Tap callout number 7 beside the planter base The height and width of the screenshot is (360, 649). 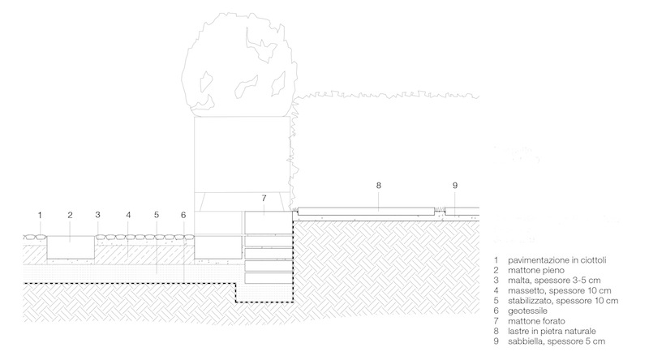click(263, 199)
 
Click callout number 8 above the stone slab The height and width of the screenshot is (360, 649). click(378, 186)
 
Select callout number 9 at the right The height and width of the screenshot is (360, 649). click(454, 186)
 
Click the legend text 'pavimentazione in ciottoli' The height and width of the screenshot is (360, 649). click(555, 259)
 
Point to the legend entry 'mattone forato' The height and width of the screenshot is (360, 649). click(533, 322)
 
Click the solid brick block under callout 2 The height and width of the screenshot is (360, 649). click(71, 246)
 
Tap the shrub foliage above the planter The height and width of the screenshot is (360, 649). click(239, 69)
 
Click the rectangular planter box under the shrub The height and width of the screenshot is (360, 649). click(242, 154)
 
